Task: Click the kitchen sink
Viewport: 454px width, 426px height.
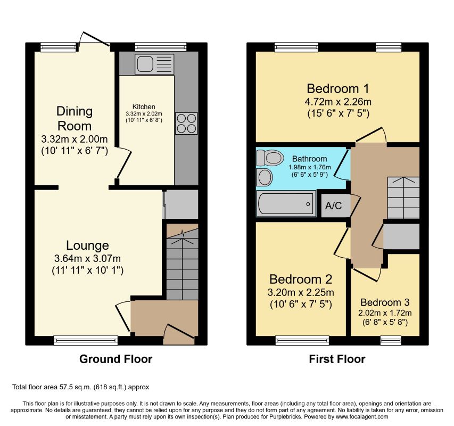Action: (x=154, y=64)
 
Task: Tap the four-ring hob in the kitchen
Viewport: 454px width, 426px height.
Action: (x=186, y=124)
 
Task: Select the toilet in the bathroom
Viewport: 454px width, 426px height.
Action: (x=270, y=158)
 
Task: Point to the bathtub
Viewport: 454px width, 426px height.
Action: (x=286, y=203)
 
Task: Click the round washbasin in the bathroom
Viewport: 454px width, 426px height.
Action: (x=265, y=177)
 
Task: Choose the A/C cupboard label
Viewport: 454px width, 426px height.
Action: (x=333, y=206)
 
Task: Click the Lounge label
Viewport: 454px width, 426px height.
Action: (x=87, y=245)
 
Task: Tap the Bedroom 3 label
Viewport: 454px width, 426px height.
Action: (x=385, y=302)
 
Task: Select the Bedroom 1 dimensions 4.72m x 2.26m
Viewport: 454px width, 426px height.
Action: (x=338, y=102)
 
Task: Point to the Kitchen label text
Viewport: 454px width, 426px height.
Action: (x=144, y=106)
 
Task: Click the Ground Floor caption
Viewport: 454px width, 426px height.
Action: (x=116, y=359)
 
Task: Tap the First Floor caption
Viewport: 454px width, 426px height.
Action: (x=337, y=359)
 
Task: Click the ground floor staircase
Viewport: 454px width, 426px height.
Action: (x=183, y=262)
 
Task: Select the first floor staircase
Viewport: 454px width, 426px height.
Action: (x=403, y=198)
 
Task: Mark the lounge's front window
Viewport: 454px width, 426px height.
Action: (x=86, y=340)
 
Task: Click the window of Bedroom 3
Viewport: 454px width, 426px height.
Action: (x=391, y=340)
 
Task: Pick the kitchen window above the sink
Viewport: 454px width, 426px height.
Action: (x=161, y=47)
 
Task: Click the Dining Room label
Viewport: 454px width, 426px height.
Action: (x=75, y=118)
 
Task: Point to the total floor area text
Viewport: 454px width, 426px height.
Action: (x=80, y=387)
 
